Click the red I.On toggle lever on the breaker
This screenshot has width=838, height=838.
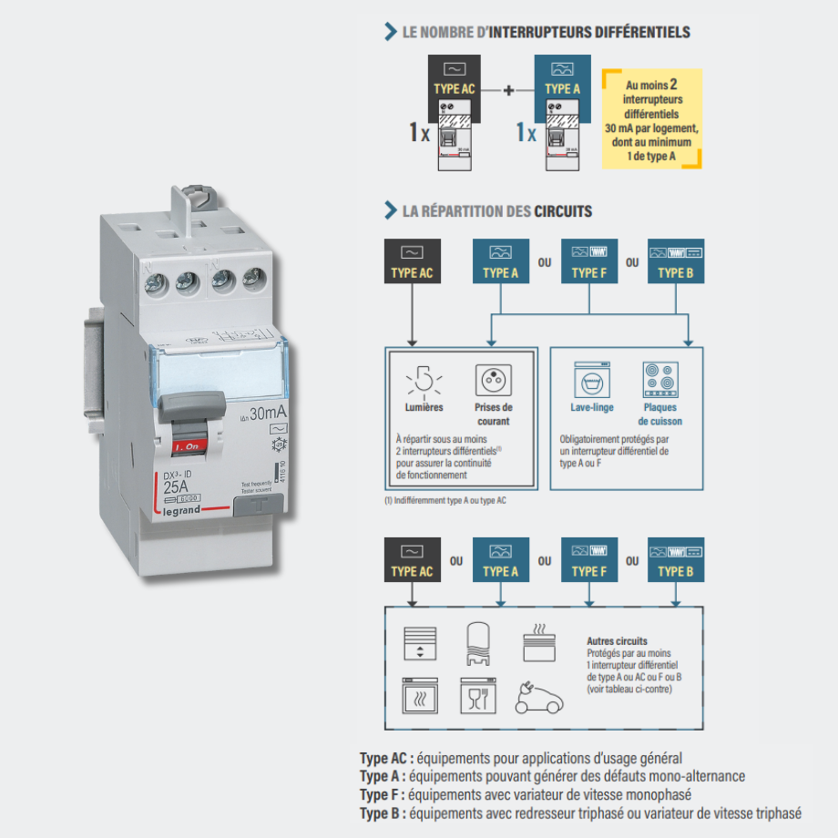(x=187, y=446)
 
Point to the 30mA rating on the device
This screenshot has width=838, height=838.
(x=265, y=414)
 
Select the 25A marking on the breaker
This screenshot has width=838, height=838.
(x=170, y=487)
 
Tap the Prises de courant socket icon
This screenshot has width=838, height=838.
(x=493, y=379)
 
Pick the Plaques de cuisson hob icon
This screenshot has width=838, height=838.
(x=659, y=379)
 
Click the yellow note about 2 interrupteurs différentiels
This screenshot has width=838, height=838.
(x=651, y=118)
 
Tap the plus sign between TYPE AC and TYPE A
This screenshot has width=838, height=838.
(x=508, y=90)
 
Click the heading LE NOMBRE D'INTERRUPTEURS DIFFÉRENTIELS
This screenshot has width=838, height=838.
(x=546, y=33)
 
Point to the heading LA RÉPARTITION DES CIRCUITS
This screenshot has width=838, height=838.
(x=496, y=211)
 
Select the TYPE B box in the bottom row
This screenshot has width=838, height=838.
(x=675, y=561)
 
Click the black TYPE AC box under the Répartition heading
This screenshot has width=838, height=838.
(x=413, y=261)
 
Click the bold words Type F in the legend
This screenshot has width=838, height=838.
(x=381, y=794)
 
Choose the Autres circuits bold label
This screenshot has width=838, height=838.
(x=618, y=641)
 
